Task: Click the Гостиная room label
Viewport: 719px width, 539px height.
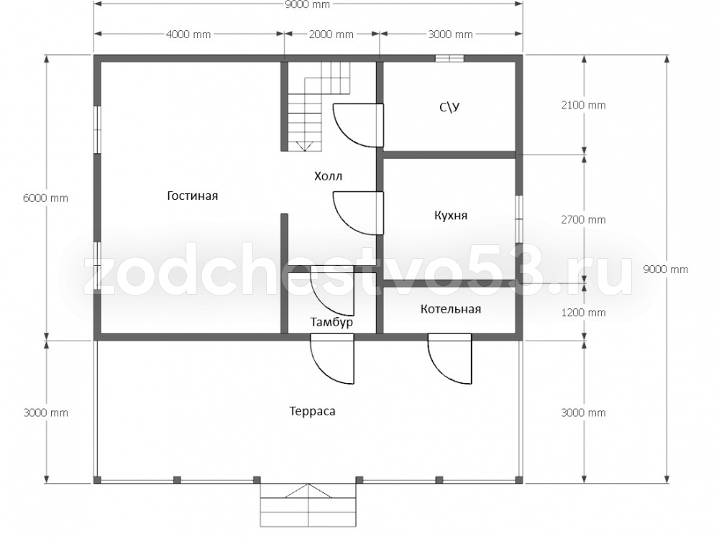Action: point(192,195)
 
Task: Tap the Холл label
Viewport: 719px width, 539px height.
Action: point(328,176)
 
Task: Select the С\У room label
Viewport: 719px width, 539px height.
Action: point(449,107)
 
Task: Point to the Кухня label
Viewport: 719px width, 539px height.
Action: point(451,216)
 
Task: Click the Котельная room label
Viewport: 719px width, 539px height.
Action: point(451,309)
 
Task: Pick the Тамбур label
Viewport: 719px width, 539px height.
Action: point(331,322)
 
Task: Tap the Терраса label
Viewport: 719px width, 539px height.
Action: point(312,411)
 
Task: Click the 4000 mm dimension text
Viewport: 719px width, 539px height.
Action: point(188,34)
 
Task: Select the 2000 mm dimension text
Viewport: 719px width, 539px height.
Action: point(331,34)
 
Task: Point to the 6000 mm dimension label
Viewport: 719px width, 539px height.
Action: point(45,198)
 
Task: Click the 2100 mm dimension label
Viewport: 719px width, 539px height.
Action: point(583,105)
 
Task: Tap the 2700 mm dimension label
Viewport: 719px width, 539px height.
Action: point(583,219)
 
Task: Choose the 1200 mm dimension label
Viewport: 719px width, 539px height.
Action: point(583,313)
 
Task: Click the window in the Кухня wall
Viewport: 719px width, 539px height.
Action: point(519,219)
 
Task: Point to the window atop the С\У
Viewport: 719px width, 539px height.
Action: point(449,58)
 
